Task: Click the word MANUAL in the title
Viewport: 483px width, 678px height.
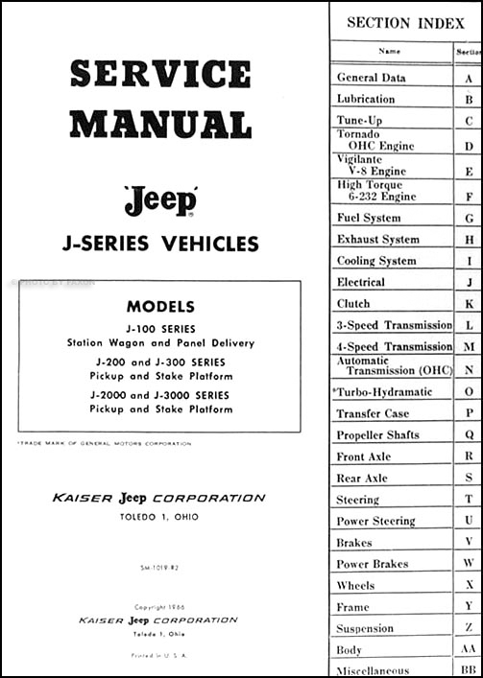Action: (x=159, y=123)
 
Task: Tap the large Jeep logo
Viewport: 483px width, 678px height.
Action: (x=159, y=201)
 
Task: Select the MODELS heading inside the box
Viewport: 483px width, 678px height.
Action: (x=160, y=308)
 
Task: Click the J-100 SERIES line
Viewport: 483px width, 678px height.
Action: (x=160, y=326)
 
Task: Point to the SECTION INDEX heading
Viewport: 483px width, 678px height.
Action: (x=404, y=22)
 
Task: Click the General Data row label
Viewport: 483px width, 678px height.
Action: (x=372, y=78)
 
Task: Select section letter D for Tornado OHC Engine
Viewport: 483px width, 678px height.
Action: (x=468, y=146)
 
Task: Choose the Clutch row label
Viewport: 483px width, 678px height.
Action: (x=353, y=304)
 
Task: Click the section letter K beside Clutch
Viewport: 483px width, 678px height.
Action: (x=468, y=304)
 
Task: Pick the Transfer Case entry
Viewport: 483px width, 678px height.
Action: (x=373, y=413)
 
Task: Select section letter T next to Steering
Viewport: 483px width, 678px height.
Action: (x=468, y=500)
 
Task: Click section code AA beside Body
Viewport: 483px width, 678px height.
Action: (x=468, y=649)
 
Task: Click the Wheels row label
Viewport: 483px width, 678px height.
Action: (x=356, y=585)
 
